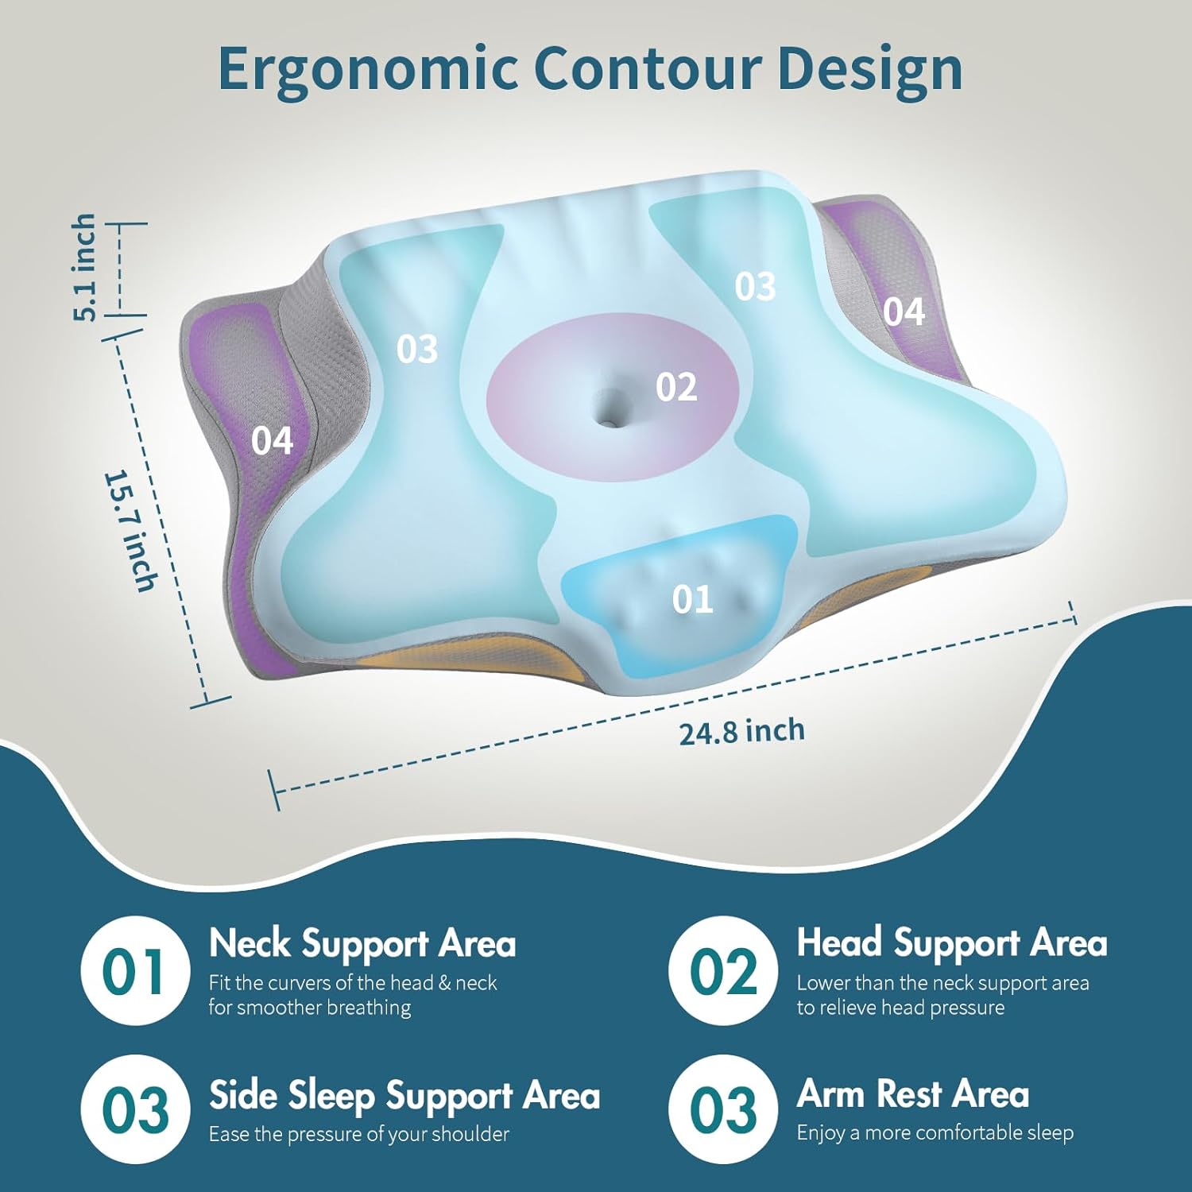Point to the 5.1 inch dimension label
coord(85,268)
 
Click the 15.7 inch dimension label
coord(131,531)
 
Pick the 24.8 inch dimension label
coord(741,731)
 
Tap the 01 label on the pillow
coord(692,599)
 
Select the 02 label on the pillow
coord(676,387)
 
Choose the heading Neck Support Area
coord(362,944)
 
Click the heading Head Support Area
coord(951,943)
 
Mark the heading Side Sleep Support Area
coord(404,1095)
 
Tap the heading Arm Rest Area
coord(912,1094)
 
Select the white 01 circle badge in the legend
coord(136,971)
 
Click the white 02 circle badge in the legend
coord(723,971)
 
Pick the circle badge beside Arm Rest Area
coord(723,1109)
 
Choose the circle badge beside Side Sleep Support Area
coord(136,1109)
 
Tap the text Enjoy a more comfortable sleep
coord(935,1132)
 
